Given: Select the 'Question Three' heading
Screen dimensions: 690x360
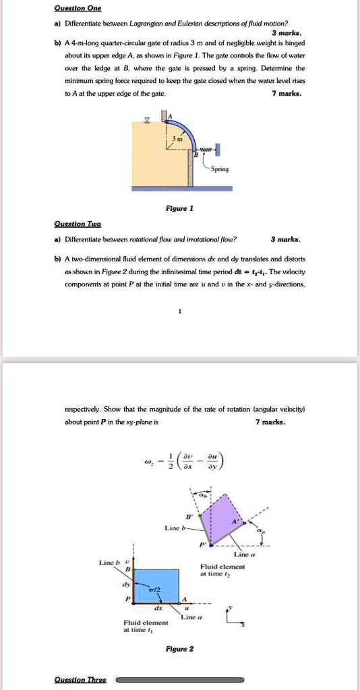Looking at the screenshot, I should (x=80, y=680).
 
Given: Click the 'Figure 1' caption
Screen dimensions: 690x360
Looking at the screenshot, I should (x=180, y=210).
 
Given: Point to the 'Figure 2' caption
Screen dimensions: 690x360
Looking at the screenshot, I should (x=179, y=649).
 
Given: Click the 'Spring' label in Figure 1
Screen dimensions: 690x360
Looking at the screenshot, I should (x=219, y=169).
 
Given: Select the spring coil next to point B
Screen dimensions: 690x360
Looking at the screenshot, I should (x=206, y=149).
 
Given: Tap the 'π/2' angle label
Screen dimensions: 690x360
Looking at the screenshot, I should (x=153, y=589).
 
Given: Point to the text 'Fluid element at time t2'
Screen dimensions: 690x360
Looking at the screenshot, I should (x=222, y=571).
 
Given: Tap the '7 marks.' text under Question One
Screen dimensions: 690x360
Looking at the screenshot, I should (x=291, y=94).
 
